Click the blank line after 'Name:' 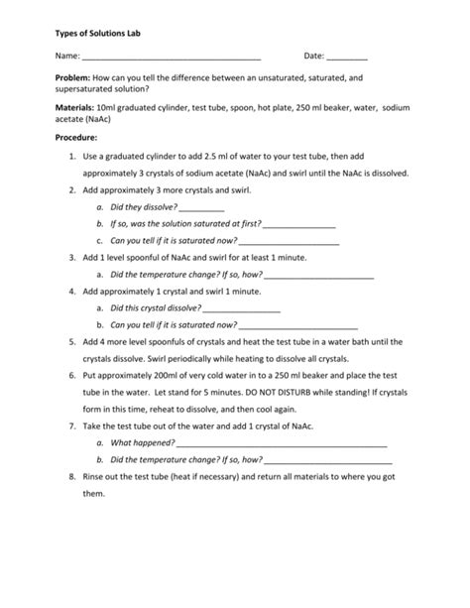pyautogui.click(x=171, y=58)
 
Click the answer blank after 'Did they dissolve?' pyautogui.click(x=202, y=207)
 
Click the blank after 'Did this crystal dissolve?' pyautogui.click(x=241, y=308)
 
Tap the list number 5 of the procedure pyautogui.click(x=72, y=342)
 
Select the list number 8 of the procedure pyautogui.click(x=72, y=477)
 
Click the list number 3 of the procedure pyautogui.click(x=72, y=257)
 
